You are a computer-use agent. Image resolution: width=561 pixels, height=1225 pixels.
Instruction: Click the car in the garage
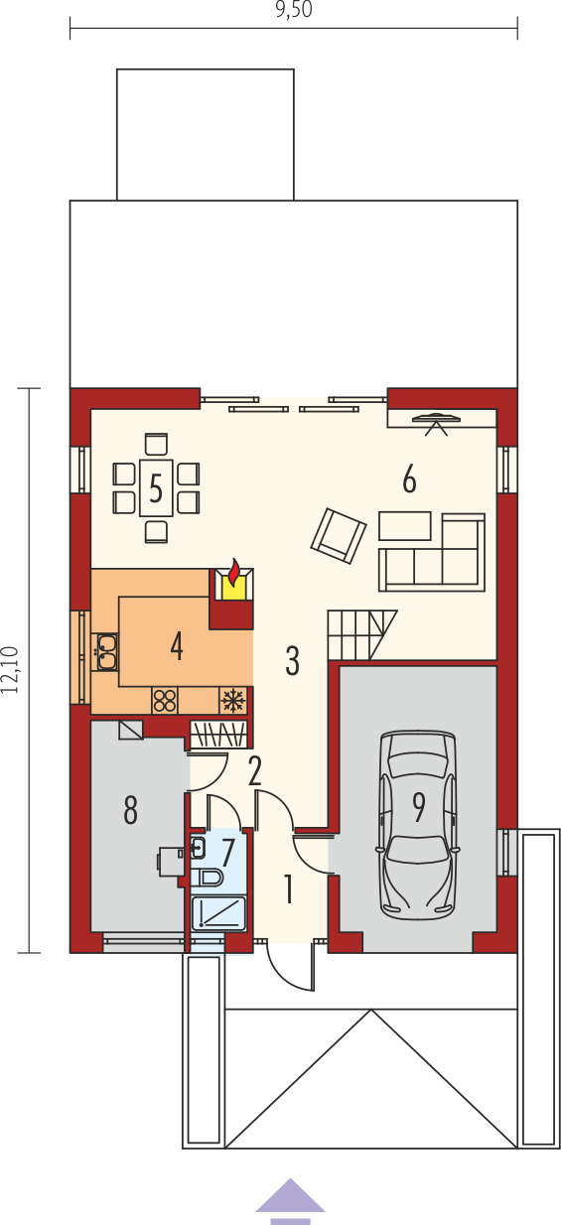418,825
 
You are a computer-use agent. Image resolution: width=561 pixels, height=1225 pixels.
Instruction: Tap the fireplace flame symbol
234,573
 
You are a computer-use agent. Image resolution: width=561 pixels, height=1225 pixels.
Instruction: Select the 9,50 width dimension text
294,10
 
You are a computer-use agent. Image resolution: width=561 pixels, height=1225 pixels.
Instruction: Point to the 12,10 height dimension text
10,670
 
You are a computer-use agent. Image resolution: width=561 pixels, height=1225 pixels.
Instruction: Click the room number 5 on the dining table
156,488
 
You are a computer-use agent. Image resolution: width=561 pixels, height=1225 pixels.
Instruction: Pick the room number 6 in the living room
409,479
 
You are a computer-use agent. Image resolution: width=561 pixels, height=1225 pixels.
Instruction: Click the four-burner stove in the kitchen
165,700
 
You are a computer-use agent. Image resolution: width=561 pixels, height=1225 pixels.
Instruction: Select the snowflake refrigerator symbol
233,700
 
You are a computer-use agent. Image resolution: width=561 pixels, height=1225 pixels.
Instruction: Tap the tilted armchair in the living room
339,535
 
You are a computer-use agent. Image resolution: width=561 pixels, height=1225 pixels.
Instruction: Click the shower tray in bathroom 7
218,913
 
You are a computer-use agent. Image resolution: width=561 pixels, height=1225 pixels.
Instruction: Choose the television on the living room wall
436,420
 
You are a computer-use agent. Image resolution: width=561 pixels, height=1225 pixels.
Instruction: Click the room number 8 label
130,810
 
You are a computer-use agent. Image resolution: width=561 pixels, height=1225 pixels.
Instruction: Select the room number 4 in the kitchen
176,645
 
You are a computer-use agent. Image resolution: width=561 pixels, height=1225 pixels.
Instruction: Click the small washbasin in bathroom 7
198,847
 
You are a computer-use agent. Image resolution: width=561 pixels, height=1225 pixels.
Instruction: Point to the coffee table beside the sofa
405,525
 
